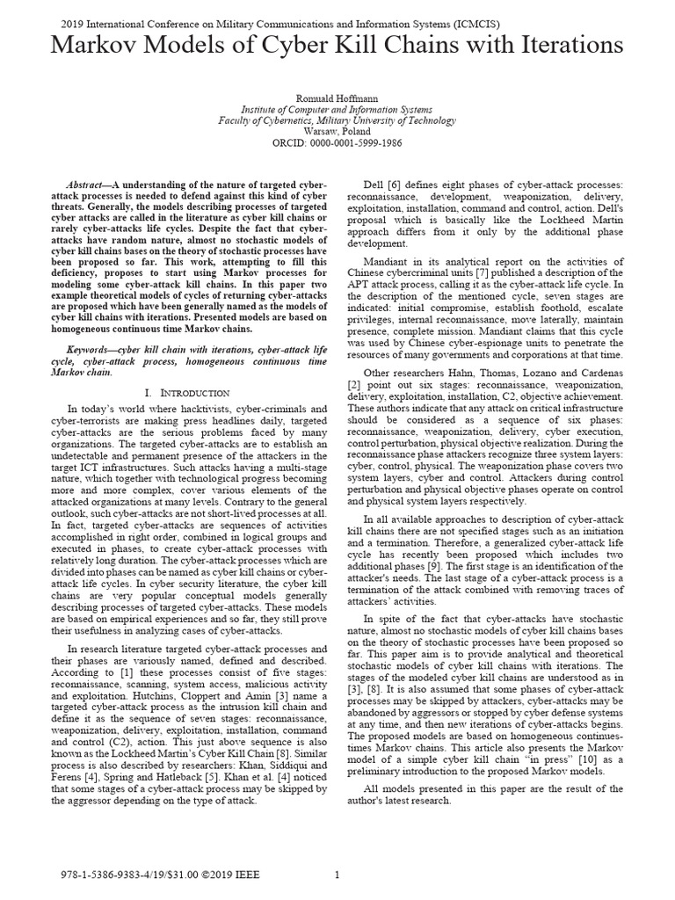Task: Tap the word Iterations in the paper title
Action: (554, 46)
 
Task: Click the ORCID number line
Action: (337, 141)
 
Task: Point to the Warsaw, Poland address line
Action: (337, 130)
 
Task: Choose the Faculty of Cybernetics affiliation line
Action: (337, 120)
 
